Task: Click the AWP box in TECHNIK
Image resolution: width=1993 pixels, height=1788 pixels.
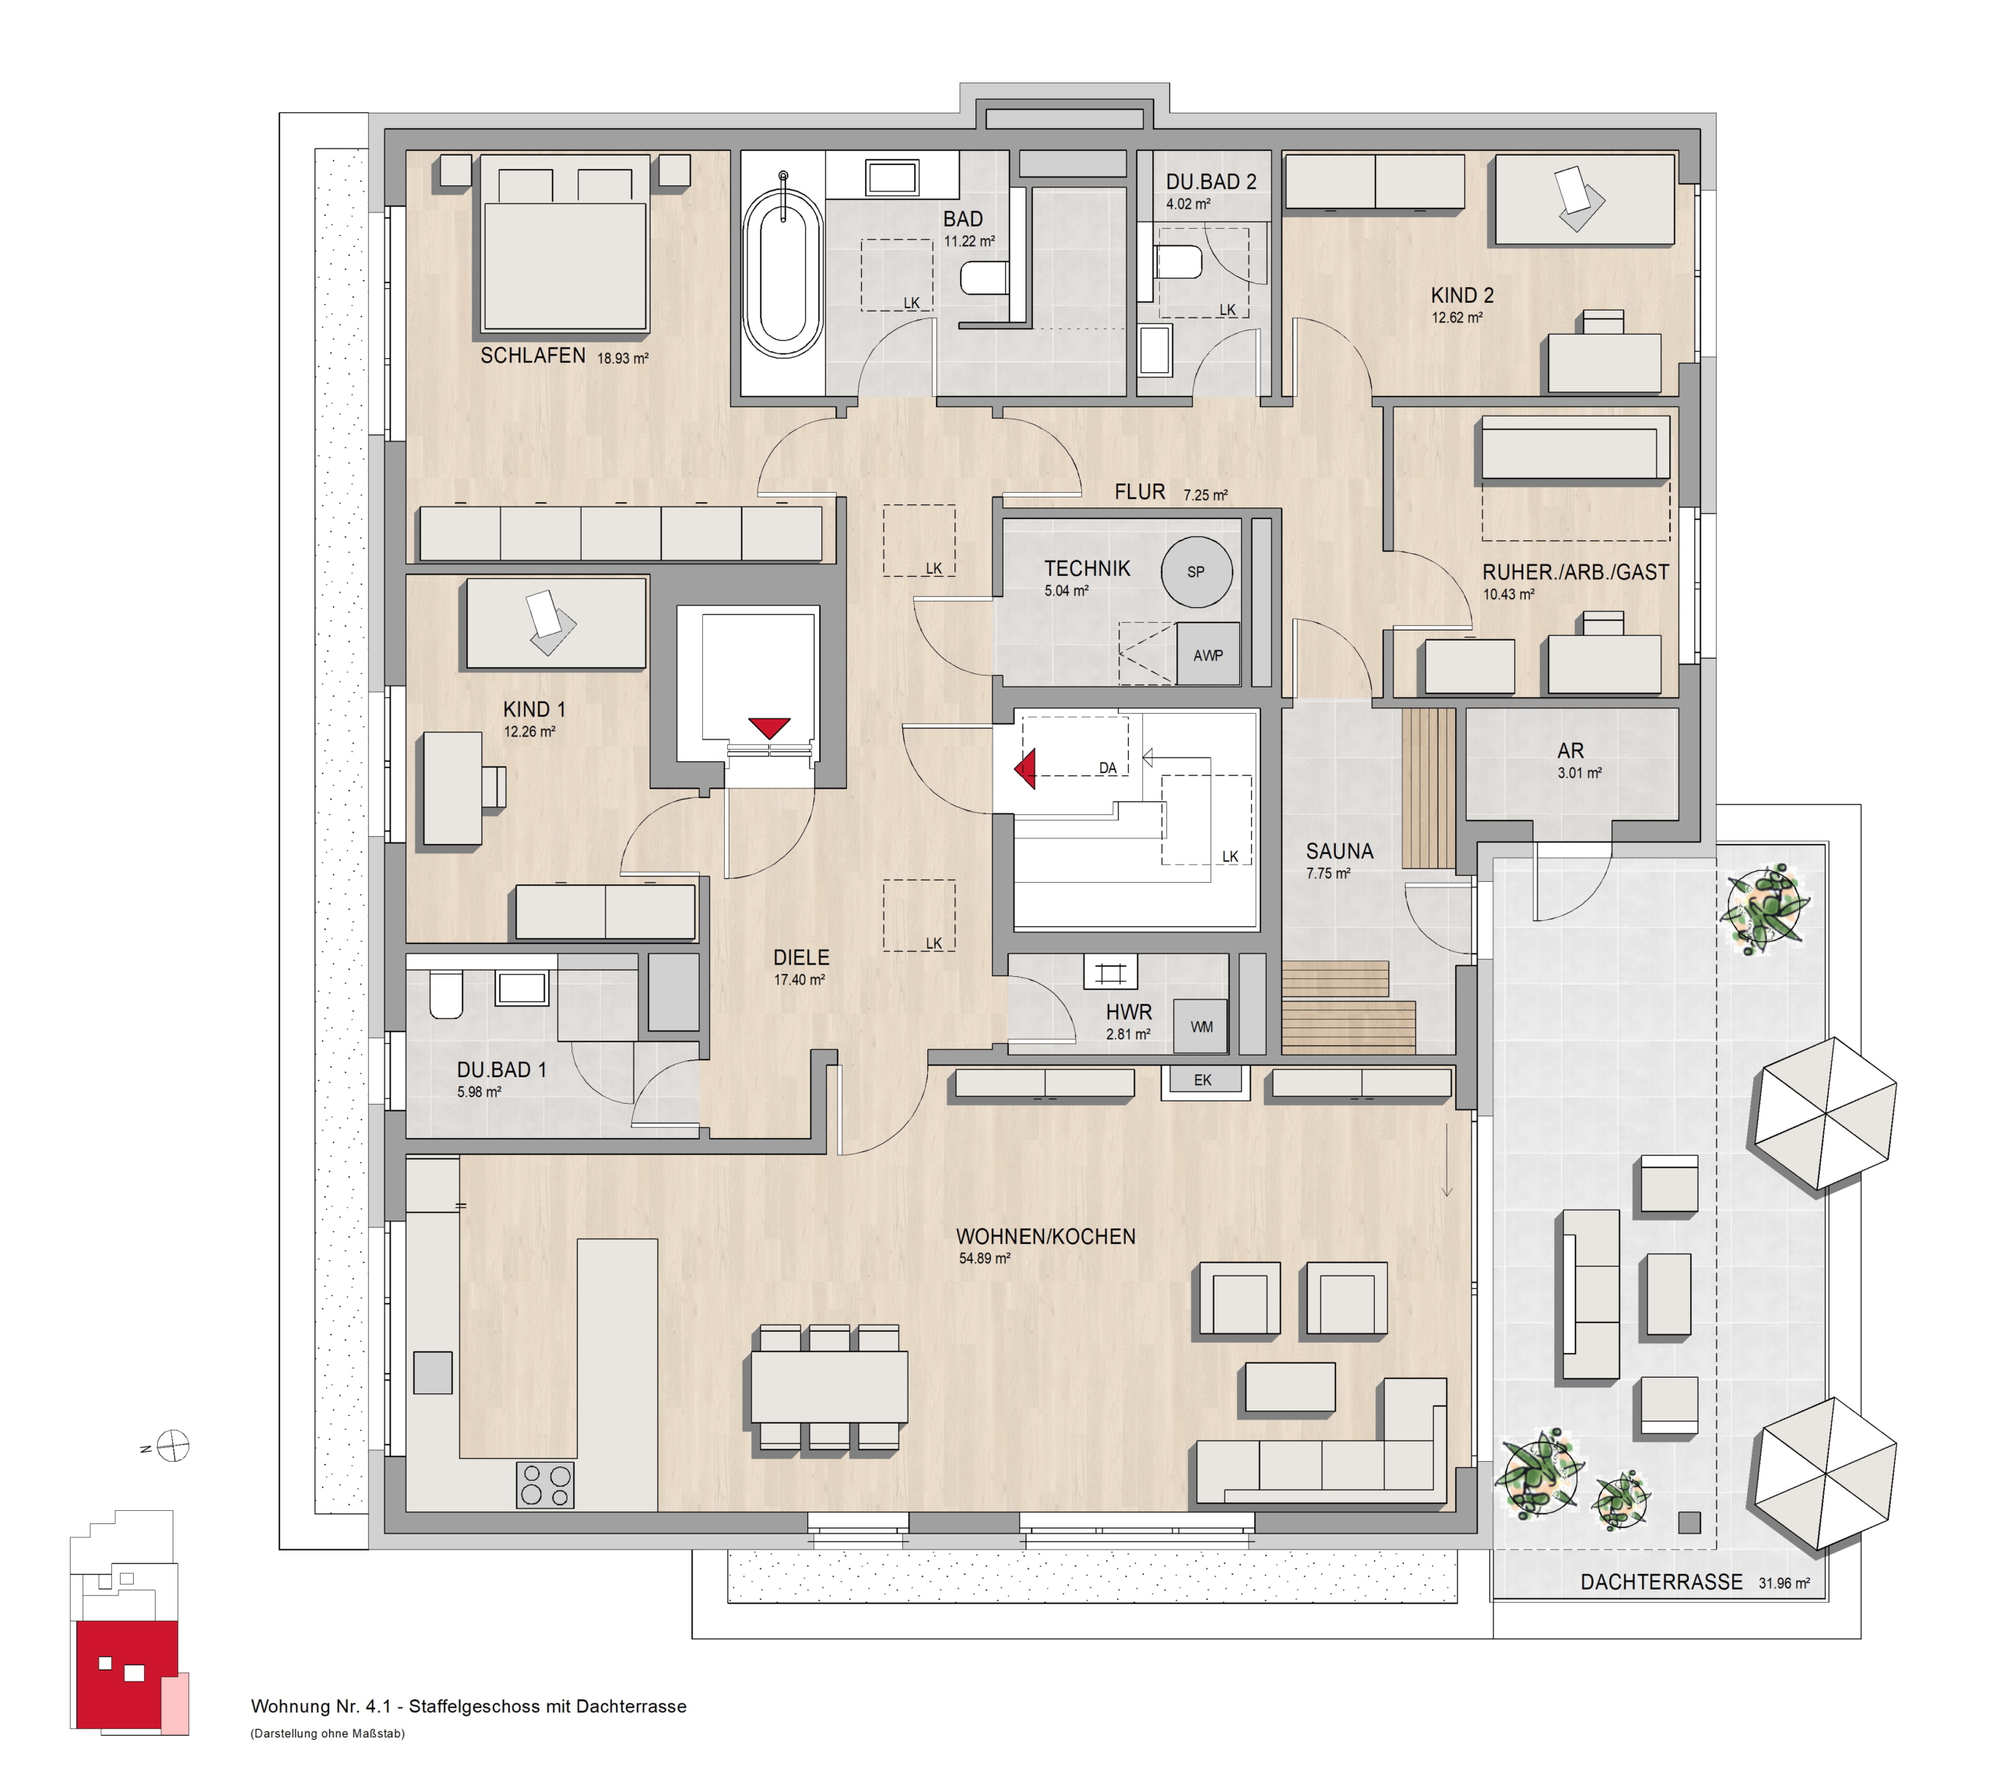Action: pos(1207,655)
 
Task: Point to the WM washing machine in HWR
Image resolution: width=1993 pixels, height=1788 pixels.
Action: pos(1201,1027)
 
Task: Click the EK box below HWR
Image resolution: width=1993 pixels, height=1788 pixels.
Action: pos(1203,1080)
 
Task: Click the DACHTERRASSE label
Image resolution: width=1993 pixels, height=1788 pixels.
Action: pos(1661,1582)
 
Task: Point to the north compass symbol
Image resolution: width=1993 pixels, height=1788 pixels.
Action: pos(173,1446)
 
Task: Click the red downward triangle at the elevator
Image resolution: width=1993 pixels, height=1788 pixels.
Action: pos(768,728)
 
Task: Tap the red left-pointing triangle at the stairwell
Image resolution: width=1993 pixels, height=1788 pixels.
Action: pos(1026,768)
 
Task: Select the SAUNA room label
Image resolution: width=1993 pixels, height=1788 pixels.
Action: pos(1340,851)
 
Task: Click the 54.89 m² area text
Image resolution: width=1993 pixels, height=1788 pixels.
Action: pos(984,1257)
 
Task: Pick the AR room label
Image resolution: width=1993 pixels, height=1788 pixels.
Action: pos(1570,750)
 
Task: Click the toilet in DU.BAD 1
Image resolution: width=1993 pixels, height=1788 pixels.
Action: pos(445,994)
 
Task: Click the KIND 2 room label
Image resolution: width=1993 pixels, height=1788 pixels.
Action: pos(1462,295)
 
